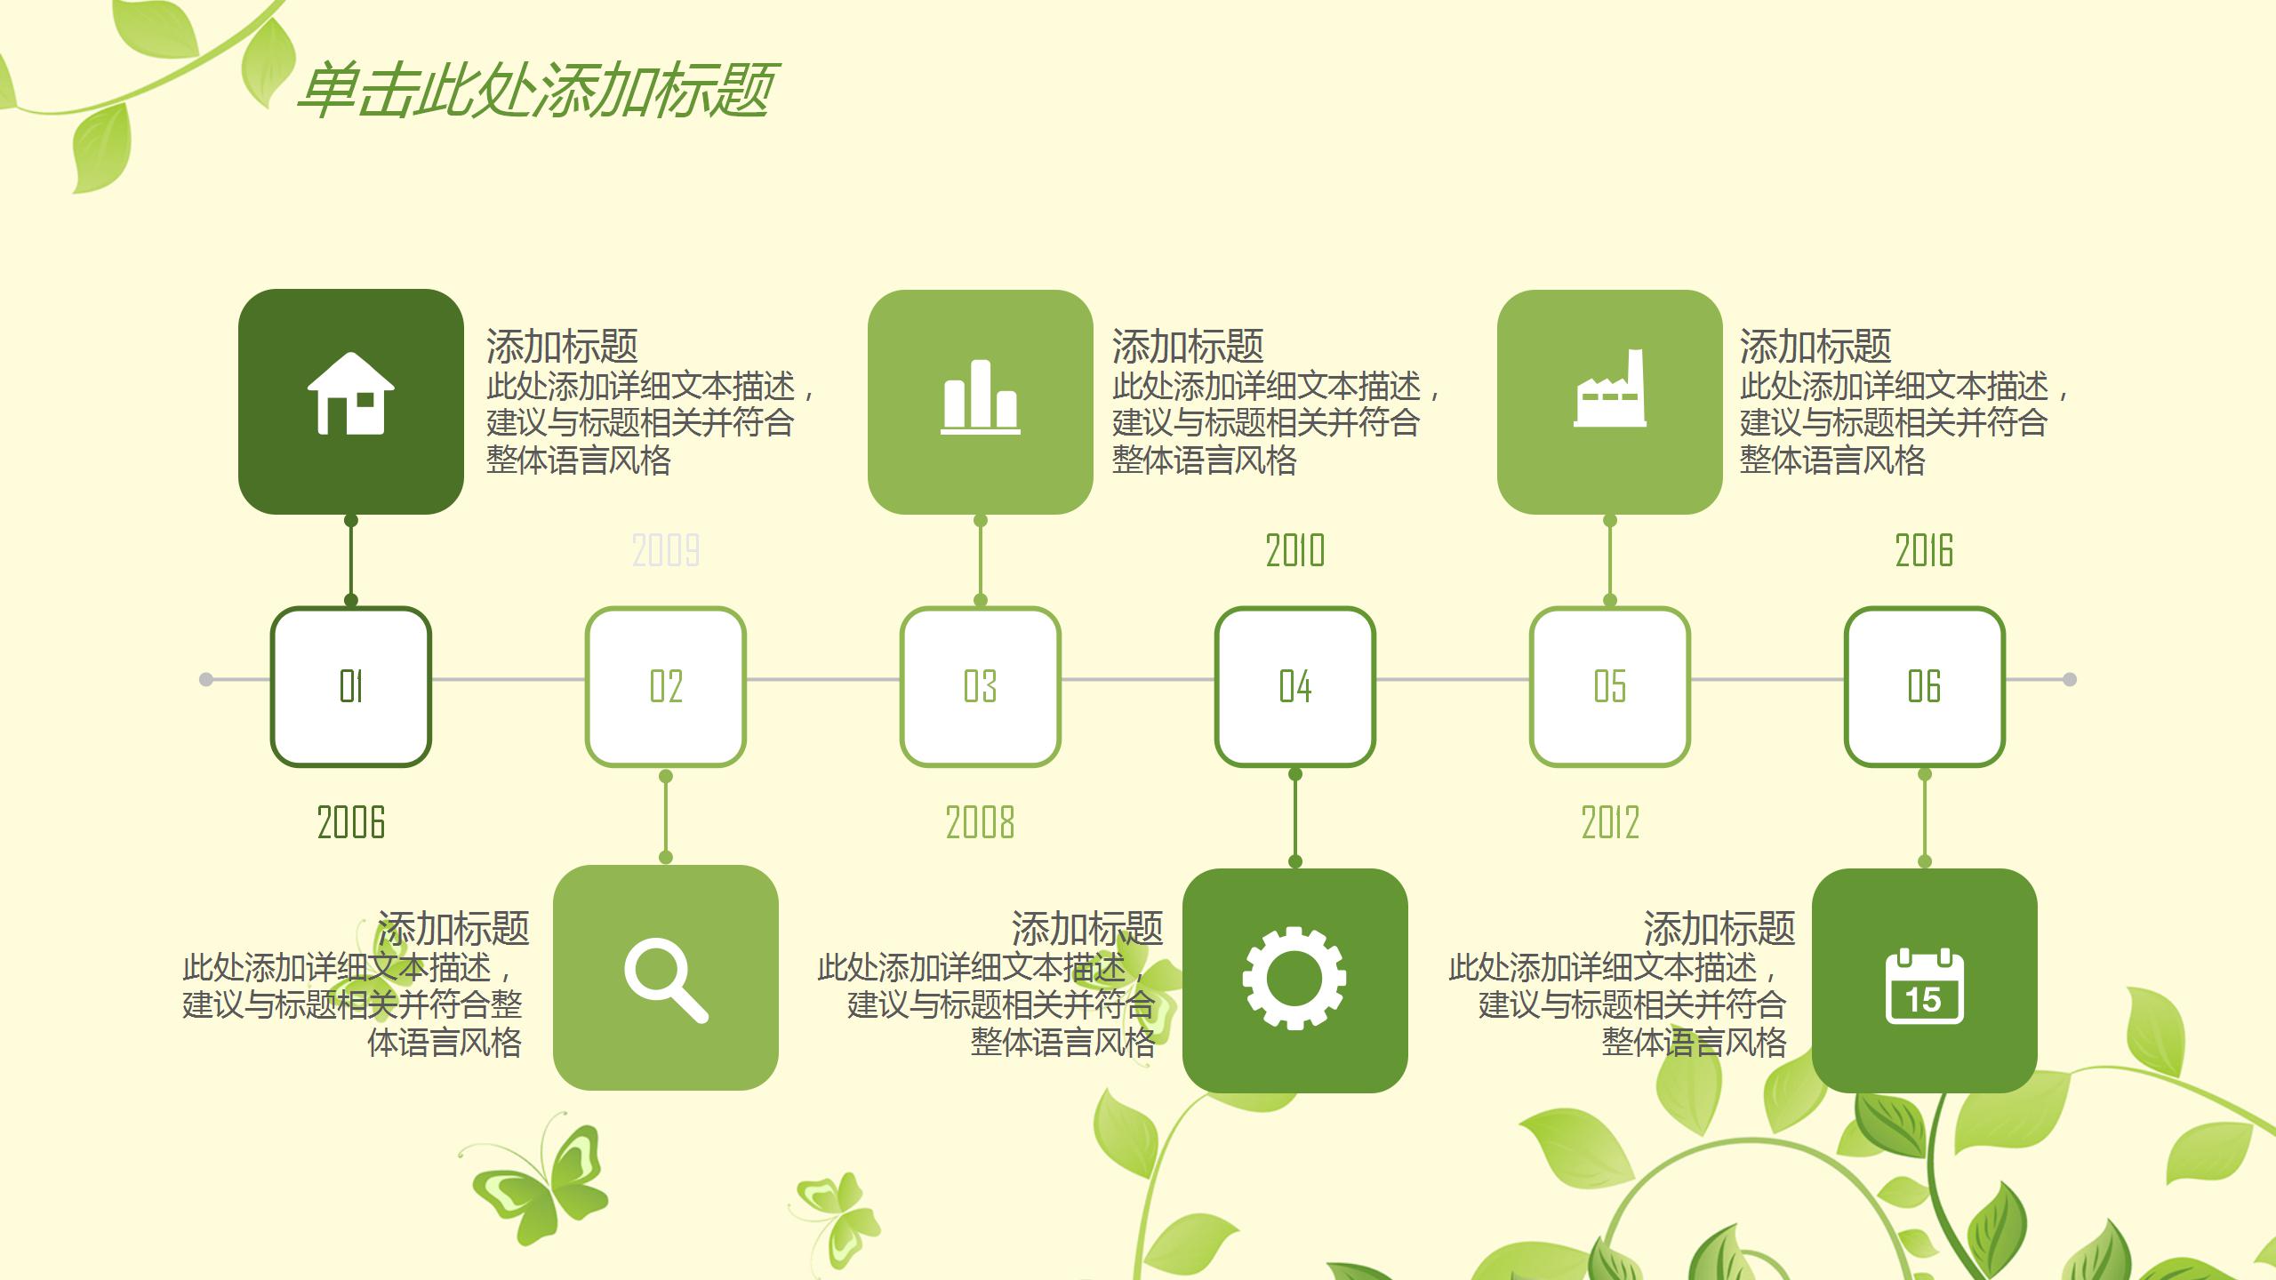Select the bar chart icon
[980, 397]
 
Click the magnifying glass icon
[665, 979]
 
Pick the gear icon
[1294, 978]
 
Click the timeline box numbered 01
[351, 686]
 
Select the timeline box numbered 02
[666, 686]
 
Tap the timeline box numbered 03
[981, 686]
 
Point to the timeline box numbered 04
[1295, 686]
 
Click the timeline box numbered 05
[1610, 686]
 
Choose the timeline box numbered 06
[1925, 686]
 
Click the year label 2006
[351, 822]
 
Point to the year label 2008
[980, 822]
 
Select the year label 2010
[1295, 551]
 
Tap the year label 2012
[1610, 822]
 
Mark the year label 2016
[1925, 551]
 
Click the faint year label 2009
[666, 551]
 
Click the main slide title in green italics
[536, 91]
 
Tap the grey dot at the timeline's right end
[2070, 680]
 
